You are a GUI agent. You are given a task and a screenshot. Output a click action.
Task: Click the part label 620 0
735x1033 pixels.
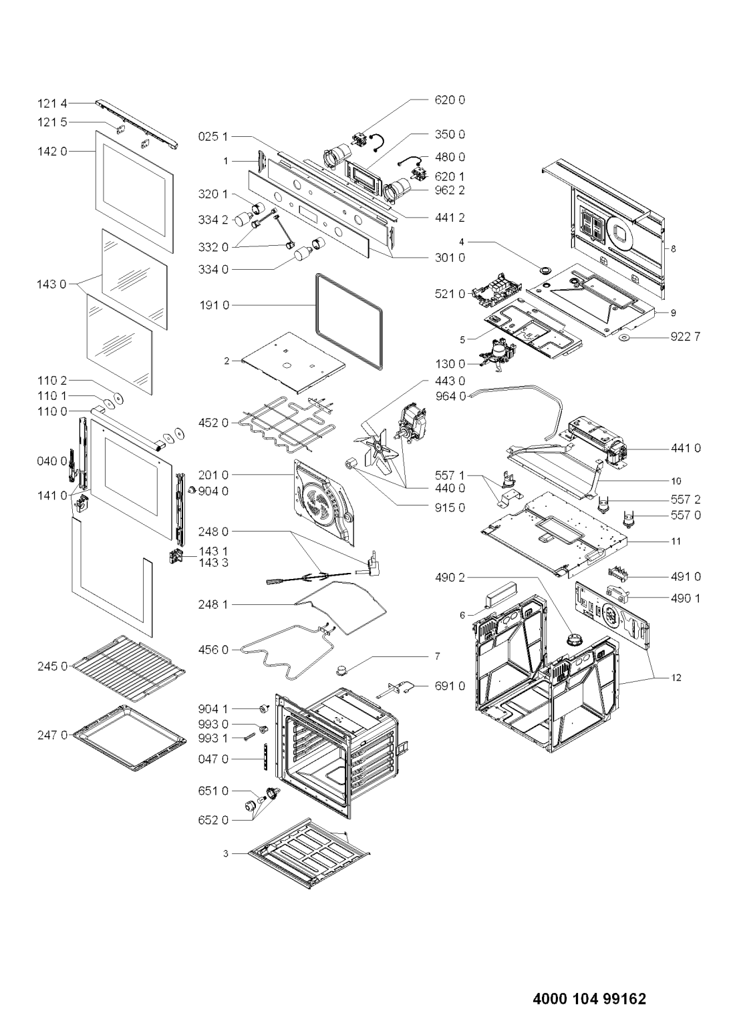pos(450,100)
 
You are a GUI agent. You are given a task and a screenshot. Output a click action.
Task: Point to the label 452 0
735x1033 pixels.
pos(213,423)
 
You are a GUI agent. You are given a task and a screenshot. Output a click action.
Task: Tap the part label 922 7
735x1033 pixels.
pos(685,337)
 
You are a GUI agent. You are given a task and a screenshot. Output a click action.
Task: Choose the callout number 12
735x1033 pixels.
pos(676,678)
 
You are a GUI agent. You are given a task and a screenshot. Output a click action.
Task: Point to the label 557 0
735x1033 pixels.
pos(686,515)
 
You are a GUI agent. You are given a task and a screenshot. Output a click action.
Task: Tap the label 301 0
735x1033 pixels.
pos(450,258)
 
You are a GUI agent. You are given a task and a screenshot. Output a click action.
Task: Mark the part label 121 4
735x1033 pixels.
pos(52,104)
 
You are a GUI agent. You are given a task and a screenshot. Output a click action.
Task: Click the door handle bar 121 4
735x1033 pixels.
pos(137,124)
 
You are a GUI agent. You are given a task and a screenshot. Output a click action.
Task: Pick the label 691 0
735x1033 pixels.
pos(450,686)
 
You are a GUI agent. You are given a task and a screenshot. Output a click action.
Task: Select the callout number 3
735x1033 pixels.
pos(226,853)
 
